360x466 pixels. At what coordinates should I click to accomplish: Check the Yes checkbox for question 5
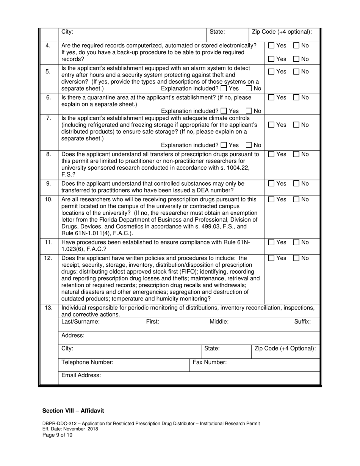coord(271,72)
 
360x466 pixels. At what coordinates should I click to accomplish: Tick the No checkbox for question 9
coord(296,184)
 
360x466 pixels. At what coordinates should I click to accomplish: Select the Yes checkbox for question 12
coord(271,258)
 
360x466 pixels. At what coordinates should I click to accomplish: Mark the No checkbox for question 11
coord(296,242)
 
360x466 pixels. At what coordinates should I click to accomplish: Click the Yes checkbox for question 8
coord(271,154)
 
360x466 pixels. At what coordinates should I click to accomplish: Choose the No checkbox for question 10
coord(296,199)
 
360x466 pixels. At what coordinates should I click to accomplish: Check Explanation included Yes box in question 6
coord(224,111)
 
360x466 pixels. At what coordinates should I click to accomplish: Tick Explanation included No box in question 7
coord(249,145)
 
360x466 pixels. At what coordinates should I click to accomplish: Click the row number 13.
coord(49,308)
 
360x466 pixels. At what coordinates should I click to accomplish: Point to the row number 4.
coord(48,45)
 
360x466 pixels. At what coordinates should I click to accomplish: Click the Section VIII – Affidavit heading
coord(73,410)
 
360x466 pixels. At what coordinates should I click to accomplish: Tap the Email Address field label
coord(81,375)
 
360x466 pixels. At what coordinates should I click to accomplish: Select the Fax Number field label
coord(210,362)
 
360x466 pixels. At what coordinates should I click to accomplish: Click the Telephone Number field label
coord(87,362)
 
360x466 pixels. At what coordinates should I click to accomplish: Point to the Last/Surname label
coord(80,322)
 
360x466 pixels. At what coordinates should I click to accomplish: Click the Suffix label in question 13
coord(302,322)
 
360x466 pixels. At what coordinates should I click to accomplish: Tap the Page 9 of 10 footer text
coord(57,435)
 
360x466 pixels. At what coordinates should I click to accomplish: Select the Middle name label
coord(219,322)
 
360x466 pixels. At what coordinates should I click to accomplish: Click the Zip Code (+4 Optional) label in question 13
coord(285,349)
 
